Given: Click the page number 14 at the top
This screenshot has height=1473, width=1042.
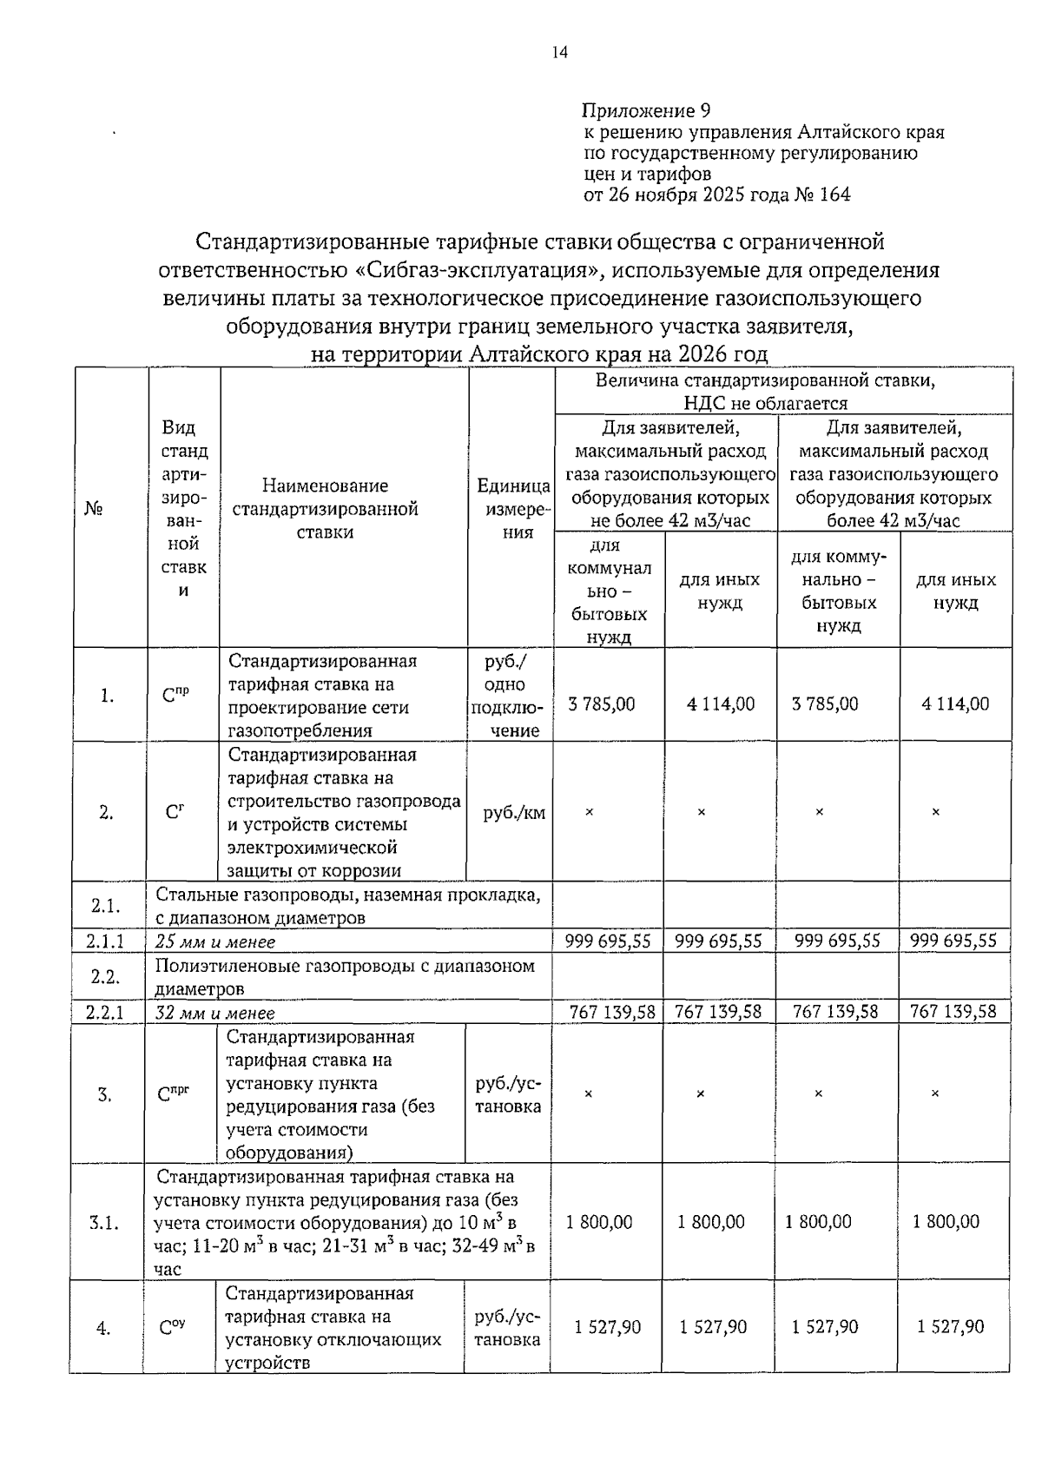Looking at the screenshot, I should click(x=559, y=53).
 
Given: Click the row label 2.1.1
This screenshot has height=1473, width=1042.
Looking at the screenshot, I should click(x=105, y=941).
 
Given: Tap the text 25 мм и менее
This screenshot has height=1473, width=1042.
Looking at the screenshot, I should click(x=214, y=942).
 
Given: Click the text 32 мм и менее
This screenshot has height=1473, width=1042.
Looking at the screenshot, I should click(x=214, y=1013).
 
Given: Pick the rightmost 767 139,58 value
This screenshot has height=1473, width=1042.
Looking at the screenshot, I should click(x=953, y=1012).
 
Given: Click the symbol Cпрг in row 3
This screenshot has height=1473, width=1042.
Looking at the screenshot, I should click(x=174, y=1093).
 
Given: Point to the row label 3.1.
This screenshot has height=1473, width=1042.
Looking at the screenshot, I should click(x=105, y=1223).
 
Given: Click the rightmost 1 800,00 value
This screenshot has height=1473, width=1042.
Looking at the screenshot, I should click(x=946, y=1222).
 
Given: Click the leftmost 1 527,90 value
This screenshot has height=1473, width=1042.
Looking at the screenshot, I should click(x=608, y=1327).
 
